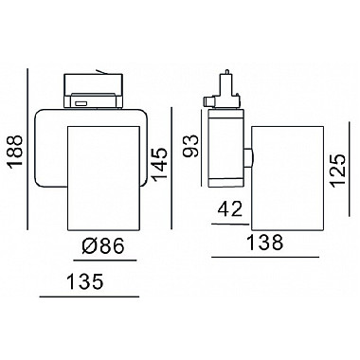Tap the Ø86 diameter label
pyautogui.click(x=102, y=245)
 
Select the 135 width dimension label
pyautogui.click(x=85, y=281)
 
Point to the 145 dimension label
pyautogui.click(x=159, y=164)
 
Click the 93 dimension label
pyautogui.click(x=191, y=146)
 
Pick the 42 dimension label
pyautogui.click(x=230, y=209)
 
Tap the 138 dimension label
pyautogui.click(x=264, y=243)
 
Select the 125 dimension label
pyautogui.click(x=338, y=171)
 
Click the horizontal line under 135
pyautogui.click(x=89, y=297)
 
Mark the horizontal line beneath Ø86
pyautogui.click(x=105, y=261)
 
